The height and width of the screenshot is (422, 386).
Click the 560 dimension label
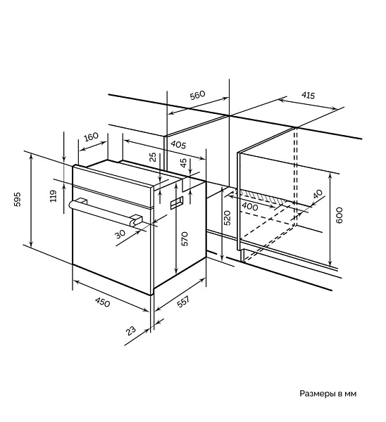tap(197, 95)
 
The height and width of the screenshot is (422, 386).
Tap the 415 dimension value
tap(308, 95)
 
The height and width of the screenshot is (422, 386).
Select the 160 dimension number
tap(91, 136)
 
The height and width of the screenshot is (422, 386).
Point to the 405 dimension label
tap(178, 145)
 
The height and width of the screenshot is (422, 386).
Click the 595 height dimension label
tap(17, 199)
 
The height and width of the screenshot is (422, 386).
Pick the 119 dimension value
tap(54, 196)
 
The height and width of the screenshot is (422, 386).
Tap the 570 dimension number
tap(185, 238)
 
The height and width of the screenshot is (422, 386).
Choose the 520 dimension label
tap(228, 218)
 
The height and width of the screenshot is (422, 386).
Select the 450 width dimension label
tap(103, 302)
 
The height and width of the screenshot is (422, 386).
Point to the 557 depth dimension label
tap(184, 302)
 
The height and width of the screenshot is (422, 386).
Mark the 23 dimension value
tap(131, 331)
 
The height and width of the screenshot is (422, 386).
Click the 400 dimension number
tap(250, 206)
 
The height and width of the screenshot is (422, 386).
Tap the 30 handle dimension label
tap(120, 234)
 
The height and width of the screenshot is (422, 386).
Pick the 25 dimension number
tap(153, 157)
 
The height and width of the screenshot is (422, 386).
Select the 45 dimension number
tap(183, 163)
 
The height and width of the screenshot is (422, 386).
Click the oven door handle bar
tap(105, 212)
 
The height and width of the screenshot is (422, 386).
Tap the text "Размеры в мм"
tap(328, 393)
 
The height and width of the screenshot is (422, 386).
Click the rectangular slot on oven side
tap(177, 203)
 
